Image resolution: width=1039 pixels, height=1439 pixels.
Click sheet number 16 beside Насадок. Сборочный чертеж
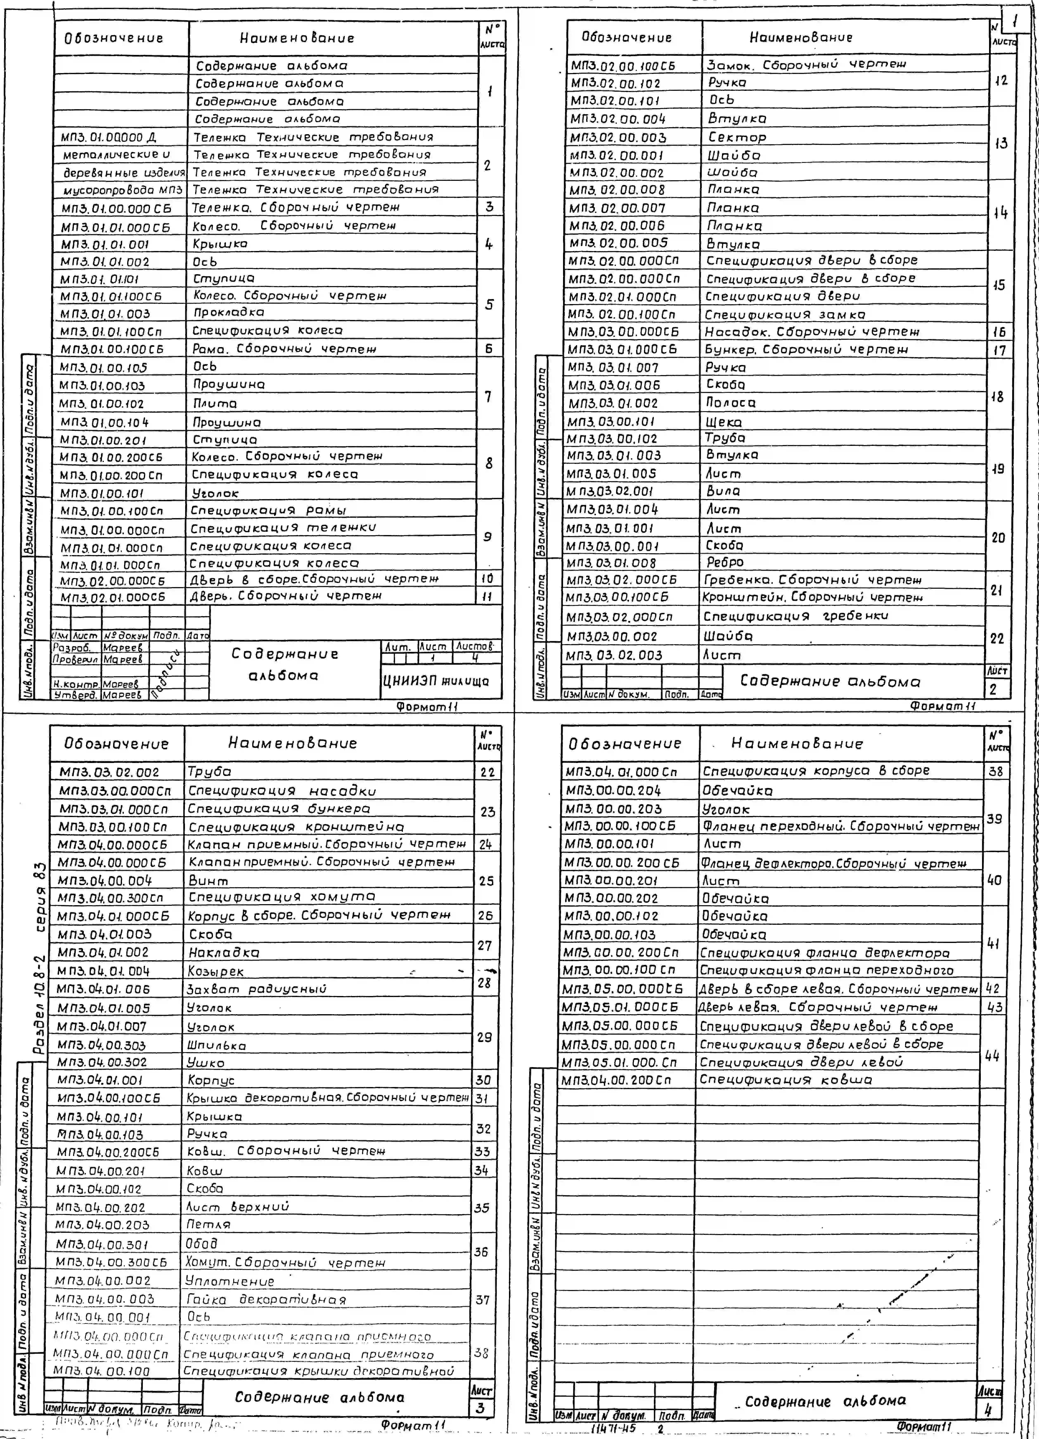[999, 332]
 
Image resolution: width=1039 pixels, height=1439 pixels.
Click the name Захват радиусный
[256, 989]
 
